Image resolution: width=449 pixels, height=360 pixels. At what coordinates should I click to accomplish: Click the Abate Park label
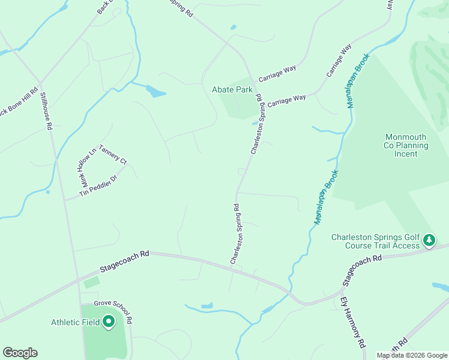(232, 89)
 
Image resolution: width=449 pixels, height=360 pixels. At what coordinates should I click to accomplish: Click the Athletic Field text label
(76, 322)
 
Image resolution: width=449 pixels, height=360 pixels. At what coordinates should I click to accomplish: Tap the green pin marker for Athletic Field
(109, 322)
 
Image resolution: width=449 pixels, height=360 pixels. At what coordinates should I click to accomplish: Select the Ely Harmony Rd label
(353, 323)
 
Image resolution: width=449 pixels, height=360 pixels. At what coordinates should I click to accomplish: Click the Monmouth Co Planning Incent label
(406, 145)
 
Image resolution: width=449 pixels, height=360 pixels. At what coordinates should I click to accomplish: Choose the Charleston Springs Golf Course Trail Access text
(376, 241)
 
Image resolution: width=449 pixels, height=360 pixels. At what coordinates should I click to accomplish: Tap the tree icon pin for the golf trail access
(429, 241)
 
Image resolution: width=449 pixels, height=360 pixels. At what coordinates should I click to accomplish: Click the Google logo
(20, 353)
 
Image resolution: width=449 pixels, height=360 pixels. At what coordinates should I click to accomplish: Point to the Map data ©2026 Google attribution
(412, 355)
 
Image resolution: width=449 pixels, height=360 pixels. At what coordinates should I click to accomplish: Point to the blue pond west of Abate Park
(155, 92)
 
